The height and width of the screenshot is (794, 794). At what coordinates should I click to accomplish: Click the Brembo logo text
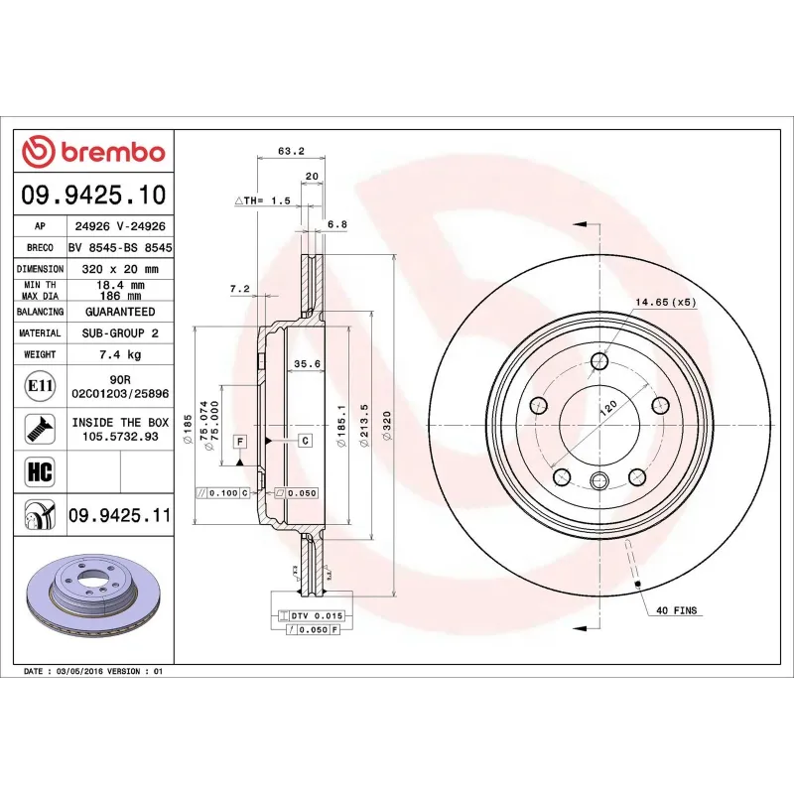tap(110, 153)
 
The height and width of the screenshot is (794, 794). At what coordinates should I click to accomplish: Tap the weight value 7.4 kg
tap(120, 353)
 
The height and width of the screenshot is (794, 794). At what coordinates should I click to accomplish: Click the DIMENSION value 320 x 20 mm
tap(120, 268)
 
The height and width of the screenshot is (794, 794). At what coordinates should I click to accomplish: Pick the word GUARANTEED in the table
tap(120, 311)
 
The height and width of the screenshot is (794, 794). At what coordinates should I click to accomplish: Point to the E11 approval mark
tap(40, 386)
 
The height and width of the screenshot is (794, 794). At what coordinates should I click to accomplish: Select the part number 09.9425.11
tap(119, 515)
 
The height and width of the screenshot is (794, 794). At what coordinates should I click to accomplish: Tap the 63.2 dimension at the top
tap(290, 152)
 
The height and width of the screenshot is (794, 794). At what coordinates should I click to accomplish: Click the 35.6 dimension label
tap(307, 364)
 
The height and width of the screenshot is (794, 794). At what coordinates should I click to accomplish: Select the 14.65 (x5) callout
tap(666, 301)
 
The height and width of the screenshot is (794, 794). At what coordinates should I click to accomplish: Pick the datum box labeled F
tap(240, 440)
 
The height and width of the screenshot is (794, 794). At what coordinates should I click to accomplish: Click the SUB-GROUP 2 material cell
tap(120, 332)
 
